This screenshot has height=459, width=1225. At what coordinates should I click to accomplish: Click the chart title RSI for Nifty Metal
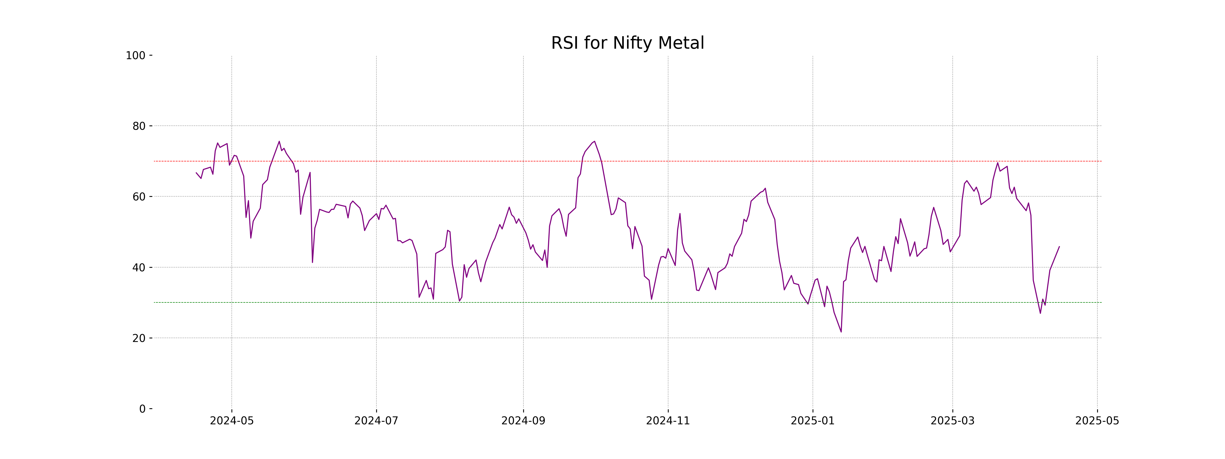[627, 43]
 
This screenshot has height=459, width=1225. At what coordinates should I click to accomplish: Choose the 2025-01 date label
[812, 421]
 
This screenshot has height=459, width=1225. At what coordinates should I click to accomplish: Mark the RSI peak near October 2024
[594, 141]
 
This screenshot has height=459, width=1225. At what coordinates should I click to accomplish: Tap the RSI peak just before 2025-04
[998, 163]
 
